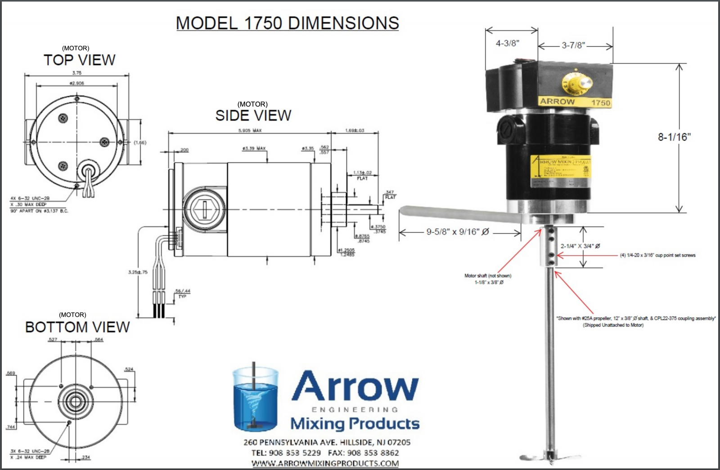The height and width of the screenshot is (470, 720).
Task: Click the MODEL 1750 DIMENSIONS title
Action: pos(287,23)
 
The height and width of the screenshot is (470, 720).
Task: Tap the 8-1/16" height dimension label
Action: pos(674,137)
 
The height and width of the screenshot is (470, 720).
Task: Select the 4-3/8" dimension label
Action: pos(507,44)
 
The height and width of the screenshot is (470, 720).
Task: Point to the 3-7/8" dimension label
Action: pos(573,45)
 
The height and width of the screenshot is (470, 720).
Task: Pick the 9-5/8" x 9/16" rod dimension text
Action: pos(457,232)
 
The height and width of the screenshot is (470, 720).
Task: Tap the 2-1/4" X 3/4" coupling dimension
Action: pos(580,246)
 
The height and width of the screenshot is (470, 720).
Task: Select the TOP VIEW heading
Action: pos(79,60)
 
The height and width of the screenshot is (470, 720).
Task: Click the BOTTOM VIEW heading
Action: pos(77,327)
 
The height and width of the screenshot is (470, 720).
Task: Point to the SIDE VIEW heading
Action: pos(253,115)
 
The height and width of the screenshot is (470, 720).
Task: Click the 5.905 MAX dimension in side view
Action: pos(250,131)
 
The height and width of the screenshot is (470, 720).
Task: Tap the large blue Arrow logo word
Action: pos(355,386)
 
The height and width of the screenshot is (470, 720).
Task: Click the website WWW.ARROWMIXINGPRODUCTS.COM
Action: pos(325,463)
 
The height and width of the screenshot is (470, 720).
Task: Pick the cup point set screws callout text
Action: pos(657,255)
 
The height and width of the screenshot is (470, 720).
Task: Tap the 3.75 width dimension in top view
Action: pos(77,73)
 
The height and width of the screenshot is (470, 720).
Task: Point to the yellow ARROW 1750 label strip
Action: pos(575,102)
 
